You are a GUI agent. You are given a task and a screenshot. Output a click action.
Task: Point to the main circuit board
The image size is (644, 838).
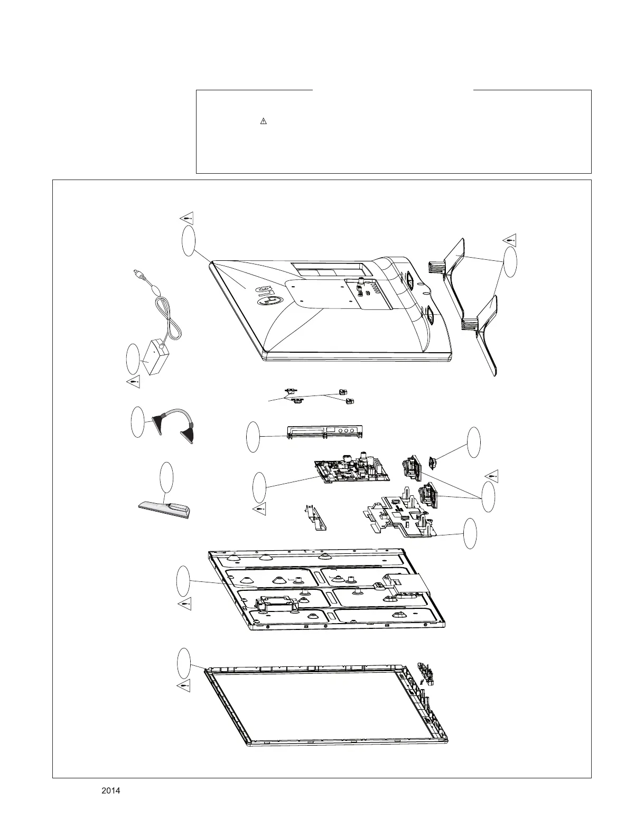coord(351,468)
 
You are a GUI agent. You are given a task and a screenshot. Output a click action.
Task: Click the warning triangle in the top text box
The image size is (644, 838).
coord(264,121)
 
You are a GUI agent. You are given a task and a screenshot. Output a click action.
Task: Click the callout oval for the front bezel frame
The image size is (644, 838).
coord(183,663)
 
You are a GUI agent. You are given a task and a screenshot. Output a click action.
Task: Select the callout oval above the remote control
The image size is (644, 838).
coord(166,477)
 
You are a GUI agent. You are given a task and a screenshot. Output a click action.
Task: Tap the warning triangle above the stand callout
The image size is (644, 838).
coord(509,239)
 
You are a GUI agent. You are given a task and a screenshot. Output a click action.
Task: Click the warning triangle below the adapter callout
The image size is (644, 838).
coord(133,381)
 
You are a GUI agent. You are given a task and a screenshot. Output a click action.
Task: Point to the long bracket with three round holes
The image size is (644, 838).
coord(325,431)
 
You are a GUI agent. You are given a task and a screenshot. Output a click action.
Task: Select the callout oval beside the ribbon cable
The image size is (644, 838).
coord(137,422)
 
